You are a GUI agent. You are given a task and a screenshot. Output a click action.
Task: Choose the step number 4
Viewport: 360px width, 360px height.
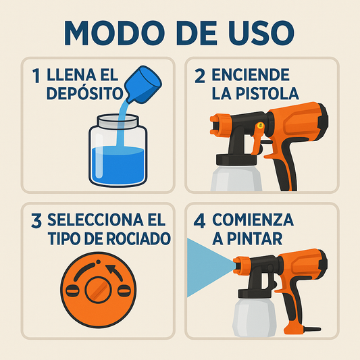[x=201, y=221]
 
